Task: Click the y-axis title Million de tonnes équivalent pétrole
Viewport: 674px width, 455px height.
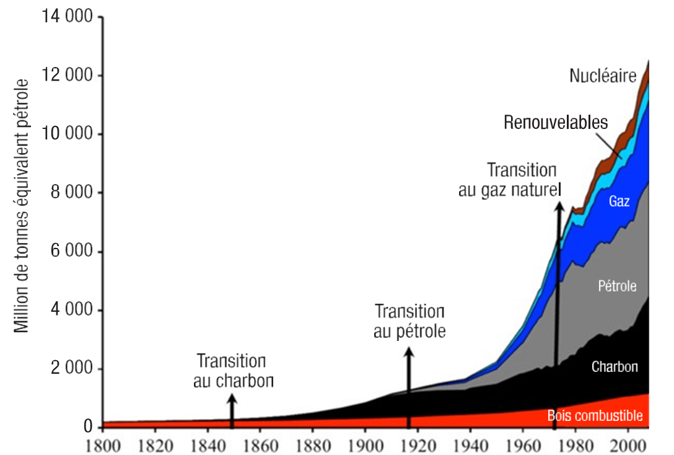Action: (22, 205)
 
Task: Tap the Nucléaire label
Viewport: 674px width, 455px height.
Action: (603, 76)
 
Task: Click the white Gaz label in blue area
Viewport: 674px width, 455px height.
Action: (619, 201)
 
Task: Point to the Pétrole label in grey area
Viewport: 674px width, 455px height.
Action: (617, 286)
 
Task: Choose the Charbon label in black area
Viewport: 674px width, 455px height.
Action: (615, 366)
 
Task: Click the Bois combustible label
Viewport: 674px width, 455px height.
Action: (595, 415)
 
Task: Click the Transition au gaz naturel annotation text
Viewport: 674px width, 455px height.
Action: (510, 180)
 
